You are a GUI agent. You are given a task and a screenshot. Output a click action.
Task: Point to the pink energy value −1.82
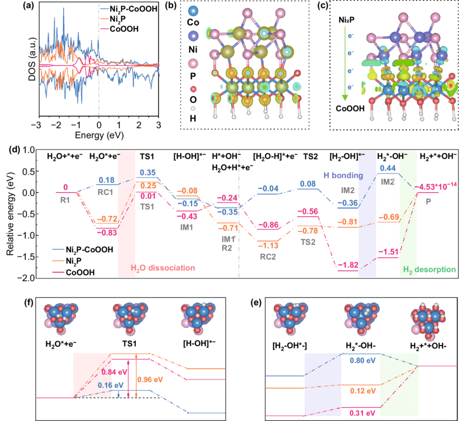347,266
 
